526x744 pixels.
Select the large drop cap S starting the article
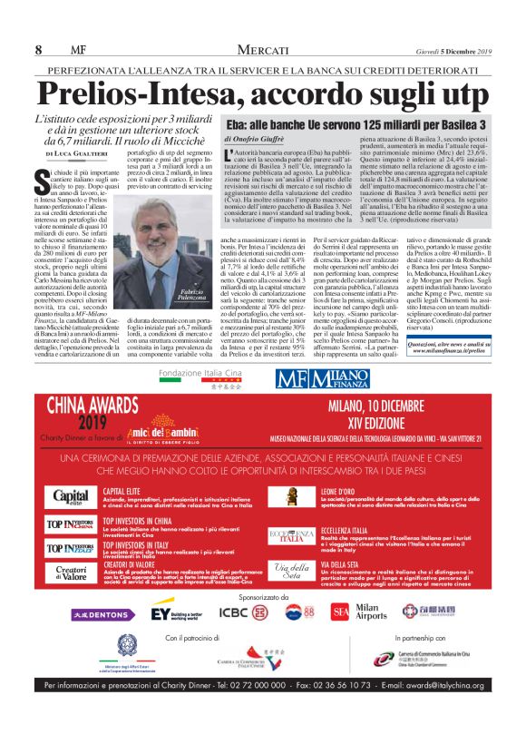(x=42, y=178)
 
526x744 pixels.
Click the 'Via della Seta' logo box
(x=290, y=572)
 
